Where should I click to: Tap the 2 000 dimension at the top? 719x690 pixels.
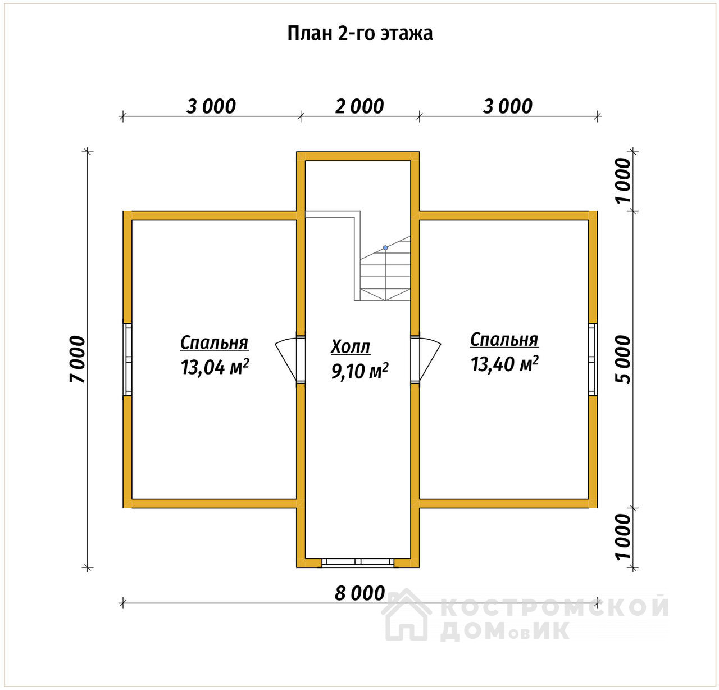(x=359, y=106)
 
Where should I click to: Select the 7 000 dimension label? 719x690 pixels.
(x=78, y=359)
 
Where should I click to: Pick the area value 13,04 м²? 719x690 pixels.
(x=215, y=367)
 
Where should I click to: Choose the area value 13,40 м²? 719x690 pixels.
(x=504, y=364)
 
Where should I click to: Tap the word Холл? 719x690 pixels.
(x=351, y=347)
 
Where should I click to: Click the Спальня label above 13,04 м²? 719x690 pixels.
(x=215, y=342)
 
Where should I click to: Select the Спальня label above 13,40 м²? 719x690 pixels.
(x=504, y=340)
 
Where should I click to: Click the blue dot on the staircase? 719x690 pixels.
(x=385, y=247)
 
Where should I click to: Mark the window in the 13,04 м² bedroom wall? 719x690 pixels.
(x=128, y=359)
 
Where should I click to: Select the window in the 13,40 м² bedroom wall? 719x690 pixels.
(x=593, y=359)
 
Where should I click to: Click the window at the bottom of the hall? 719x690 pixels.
(x=358, y=562)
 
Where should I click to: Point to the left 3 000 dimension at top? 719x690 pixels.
(x=211, y=106)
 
